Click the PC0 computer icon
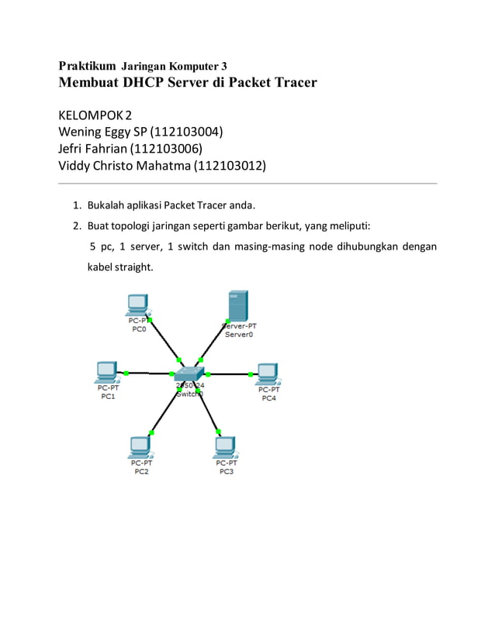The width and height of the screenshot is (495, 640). click(138, 305)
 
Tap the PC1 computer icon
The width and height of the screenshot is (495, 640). click(106, 371)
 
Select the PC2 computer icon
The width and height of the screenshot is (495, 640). click(140, 446)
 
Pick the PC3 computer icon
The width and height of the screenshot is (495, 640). click(225, 446)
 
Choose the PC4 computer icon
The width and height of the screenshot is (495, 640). click(268, 373)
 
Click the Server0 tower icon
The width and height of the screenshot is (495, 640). click(237, 305)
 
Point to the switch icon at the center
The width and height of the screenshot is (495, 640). click(189, 374)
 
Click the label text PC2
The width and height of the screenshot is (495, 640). click(142, 470)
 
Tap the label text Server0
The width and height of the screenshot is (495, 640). click(239, 335)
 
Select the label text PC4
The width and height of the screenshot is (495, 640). click(268, 398)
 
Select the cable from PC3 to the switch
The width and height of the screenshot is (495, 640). click(208, 408)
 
